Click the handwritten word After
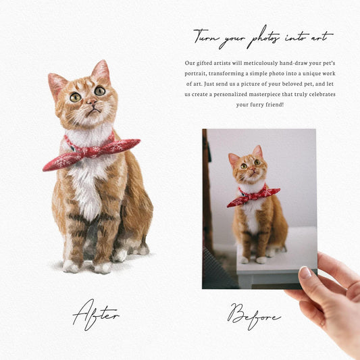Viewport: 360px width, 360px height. pyautogui.click(x=95, y=313)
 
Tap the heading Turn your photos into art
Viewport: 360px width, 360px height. pyautogui.click(x=262, y=36)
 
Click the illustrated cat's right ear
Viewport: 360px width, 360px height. pyautogui.click(x=101, y=70)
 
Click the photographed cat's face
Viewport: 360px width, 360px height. pyautogui.click(x=247, y=168)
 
